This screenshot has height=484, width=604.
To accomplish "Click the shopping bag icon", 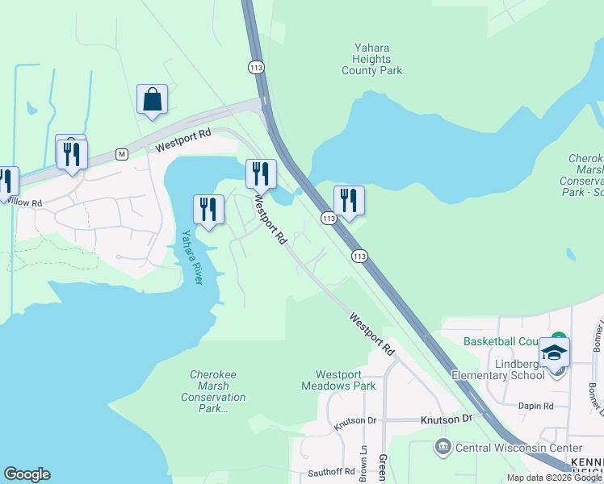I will point(152,100).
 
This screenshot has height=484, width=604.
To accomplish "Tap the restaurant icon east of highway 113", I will point(349,202).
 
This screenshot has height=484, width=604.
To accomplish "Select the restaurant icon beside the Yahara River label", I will point(208,211).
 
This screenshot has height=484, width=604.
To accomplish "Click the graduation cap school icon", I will point(554,353).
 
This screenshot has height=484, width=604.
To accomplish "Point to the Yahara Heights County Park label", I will point(372,59).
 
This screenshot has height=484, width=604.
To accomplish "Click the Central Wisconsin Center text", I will point(518,448).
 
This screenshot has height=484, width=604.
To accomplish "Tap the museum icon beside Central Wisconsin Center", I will point(442,447).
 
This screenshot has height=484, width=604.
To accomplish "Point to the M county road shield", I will point(122,153).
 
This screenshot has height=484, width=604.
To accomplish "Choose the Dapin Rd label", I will point(536,407).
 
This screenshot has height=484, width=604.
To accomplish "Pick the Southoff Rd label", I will point(331,471).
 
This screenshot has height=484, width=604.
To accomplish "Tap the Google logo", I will point(27,474).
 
